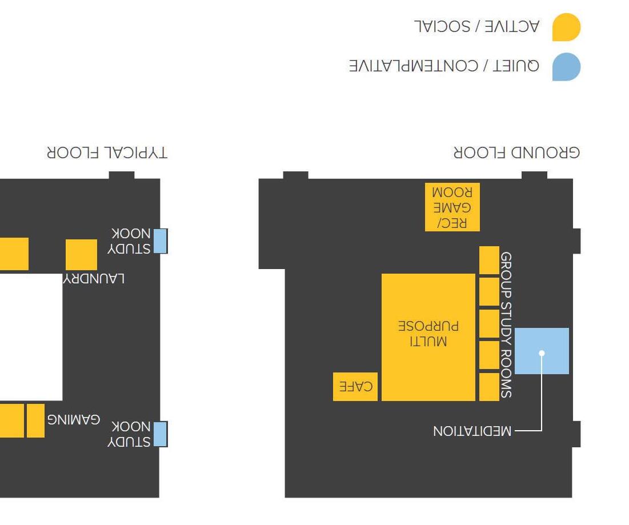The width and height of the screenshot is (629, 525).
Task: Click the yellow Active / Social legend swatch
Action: [566, 27]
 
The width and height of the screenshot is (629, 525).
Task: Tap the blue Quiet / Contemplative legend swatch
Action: [566, 67]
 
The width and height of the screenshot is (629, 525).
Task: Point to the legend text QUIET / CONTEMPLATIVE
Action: [444, 66]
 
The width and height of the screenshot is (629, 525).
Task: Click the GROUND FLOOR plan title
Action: [516, 153]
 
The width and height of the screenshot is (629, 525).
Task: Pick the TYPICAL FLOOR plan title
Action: [107, 153]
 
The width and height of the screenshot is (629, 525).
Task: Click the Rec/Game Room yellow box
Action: [452, 207]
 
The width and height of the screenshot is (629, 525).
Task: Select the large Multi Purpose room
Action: [428, 337]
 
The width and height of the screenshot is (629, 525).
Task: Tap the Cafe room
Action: [355, 387]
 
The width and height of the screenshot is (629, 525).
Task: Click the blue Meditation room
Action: [542, 351]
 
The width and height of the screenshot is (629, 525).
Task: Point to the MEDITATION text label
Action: [472, 431]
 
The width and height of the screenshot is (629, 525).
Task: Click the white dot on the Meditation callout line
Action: [542, 353]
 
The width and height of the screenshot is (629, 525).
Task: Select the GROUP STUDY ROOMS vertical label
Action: [506, 325]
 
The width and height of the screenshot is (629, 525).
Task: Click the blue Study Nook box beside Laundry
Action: [161, 241]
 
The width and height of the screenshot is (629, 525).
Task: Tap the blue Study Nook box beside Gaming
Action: [161, 434]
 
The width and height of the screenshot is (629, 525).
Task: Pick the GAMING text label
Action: [73, 420]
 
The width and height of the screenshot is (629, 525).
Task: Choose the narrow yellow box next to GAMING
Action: [35, 420]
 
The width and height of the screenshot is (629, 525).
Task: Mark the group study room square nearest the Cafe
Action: [489, 387]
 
